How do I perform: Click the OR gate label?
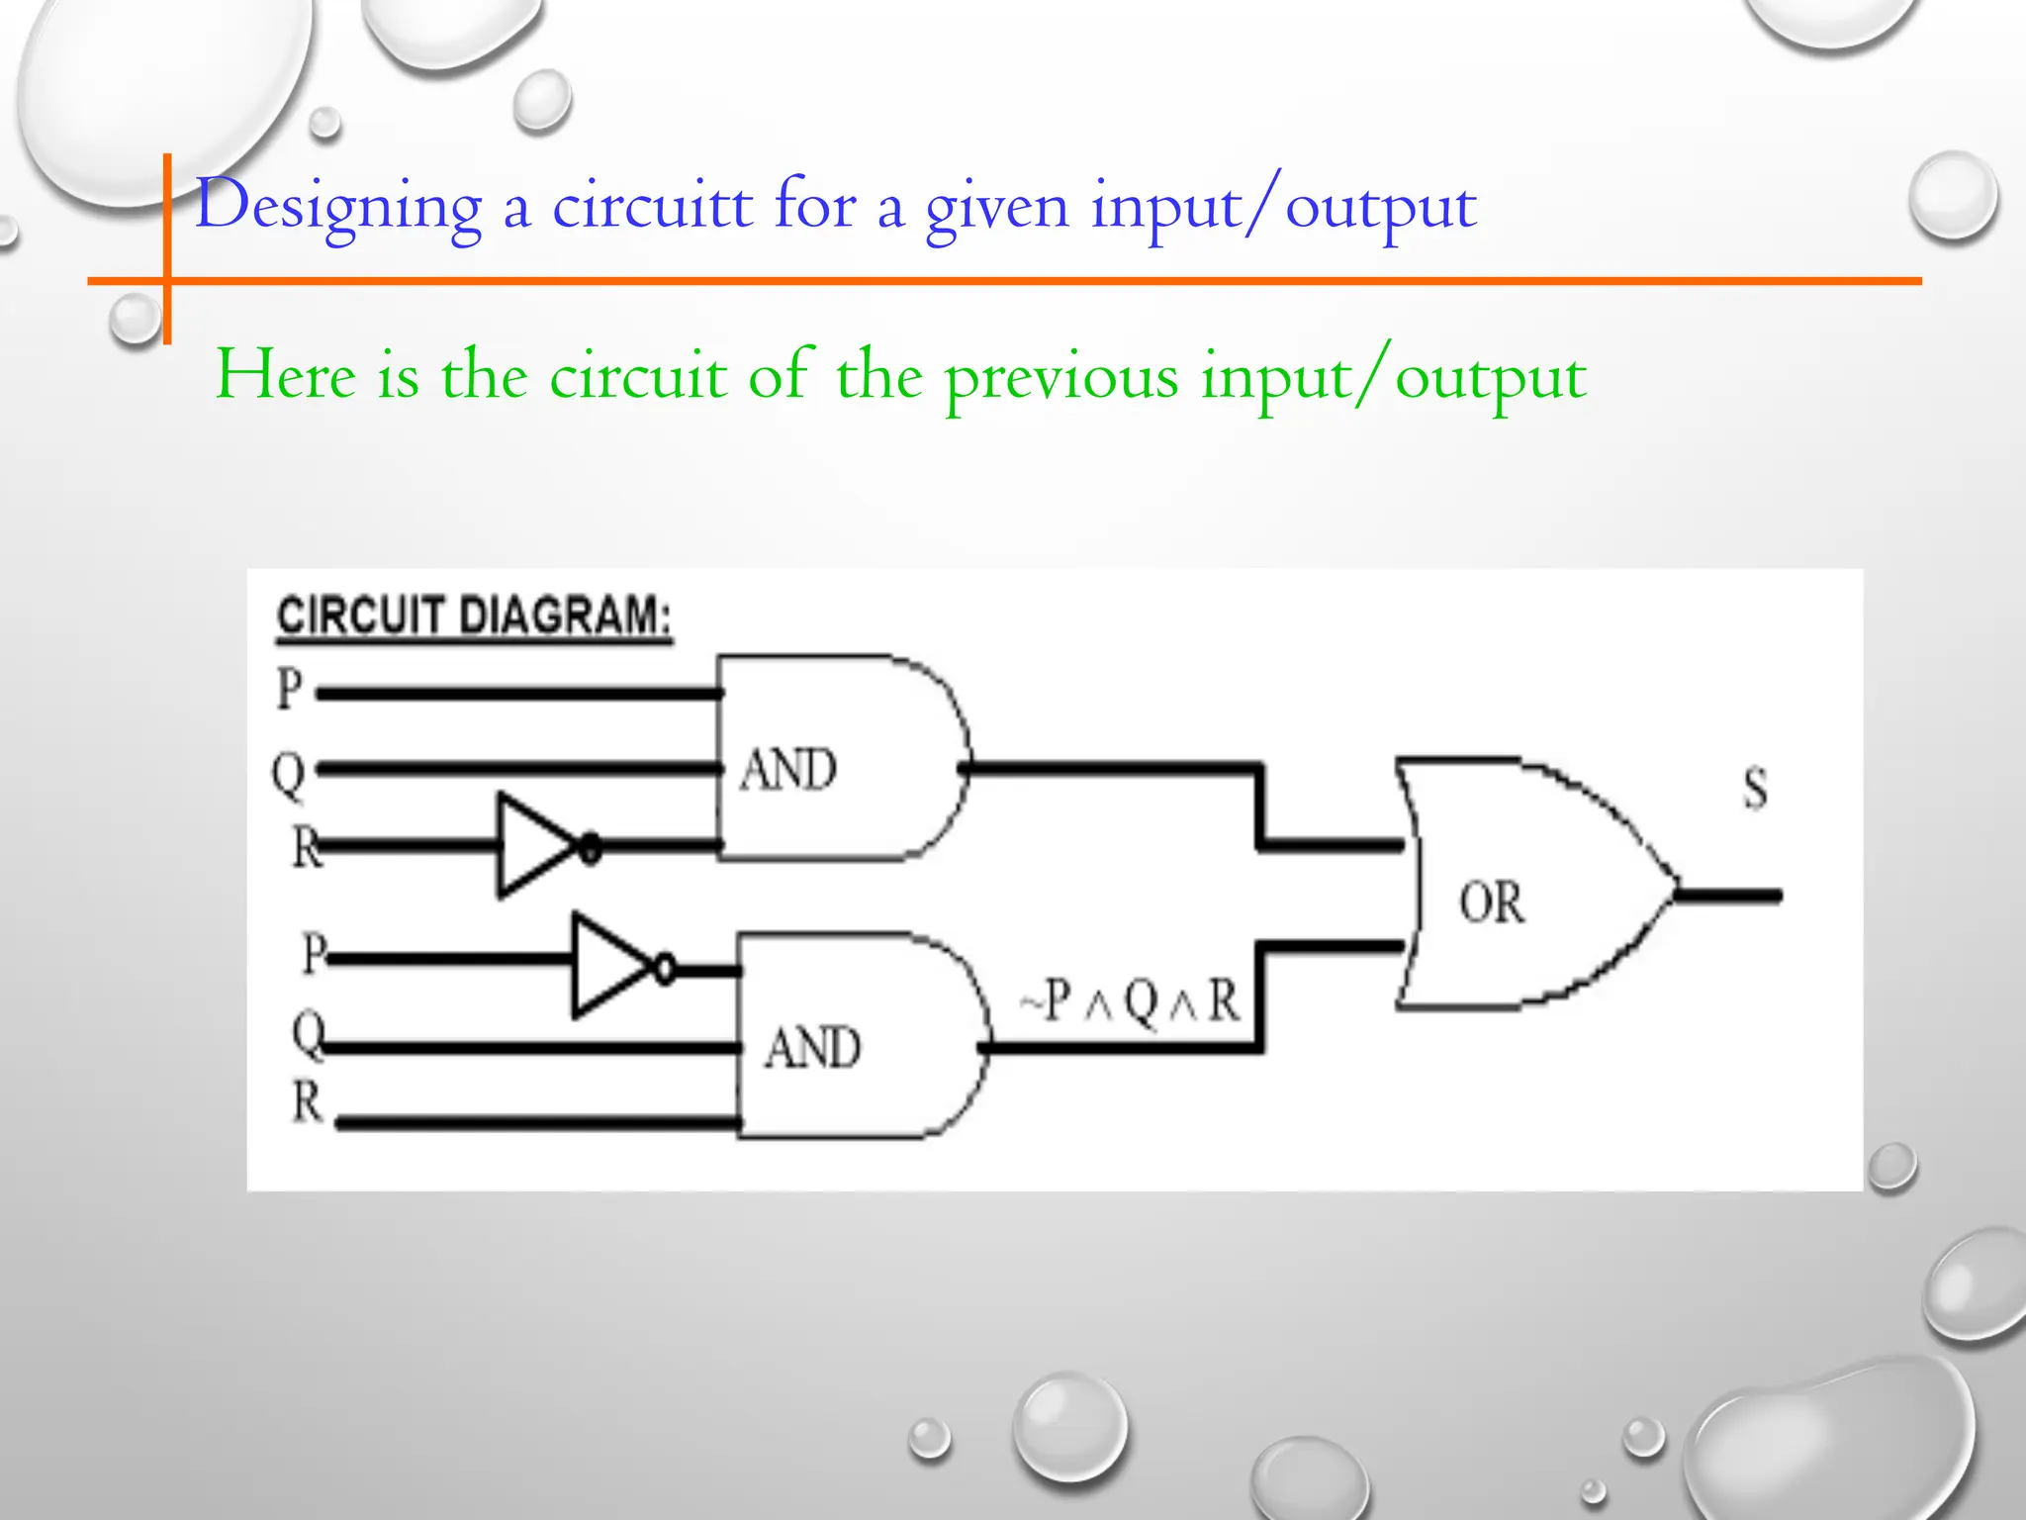click(x=1491, y=902)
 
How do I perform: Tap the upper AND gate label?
click(x=788, y=770)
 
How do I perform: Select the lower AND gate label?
click(x=812, y=1048)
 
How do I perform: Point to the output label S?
click(x=1755, y=790)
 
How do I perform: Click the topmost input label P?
click(x=289, y=689)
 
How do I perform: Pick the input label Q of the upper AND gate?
click(x=288, y=774)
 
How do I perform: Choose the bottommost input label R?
click(x=308, y=1101)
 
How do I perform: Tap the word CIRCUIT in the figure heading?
click(x=360, y=617)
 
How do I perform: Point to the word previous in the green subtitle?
click(x=1061, y=378)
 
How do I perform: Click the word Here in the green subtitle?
click(x=286, y=376)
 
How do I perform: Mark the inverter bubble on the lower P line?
click(x=665, y=967)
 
